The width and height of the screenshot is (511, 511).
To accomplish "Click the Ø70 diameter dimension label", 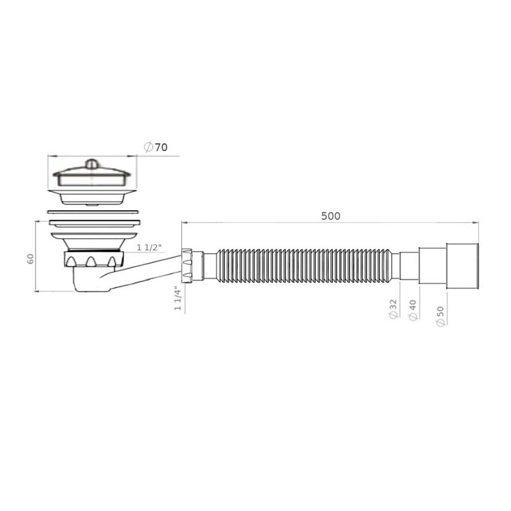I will (x=155, y=147).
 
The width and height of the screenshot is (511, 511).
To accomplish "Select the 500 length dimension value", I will (x=330, y=216).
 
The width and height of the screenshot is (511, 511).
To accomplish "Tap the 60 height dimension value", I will (x=31, y=259).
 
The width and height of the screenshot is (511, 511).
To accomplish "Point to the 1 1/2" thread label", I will (x=149, y=247).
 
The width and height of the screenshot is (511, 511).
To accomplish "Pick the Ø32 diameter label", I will (x=393, y=310).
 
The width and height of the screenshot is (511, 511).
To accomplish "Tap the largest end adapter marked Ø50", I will (x=463, y=266).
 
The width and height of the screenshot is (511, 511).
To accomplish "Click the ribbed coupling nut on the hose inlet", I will (x=187, y=265).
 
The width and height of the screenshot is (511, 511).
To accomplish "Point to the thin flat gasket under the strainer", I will (x=92, y=211).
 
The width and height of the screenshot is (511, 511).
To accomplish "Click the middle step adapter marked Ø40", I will (x=432, y=266).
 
